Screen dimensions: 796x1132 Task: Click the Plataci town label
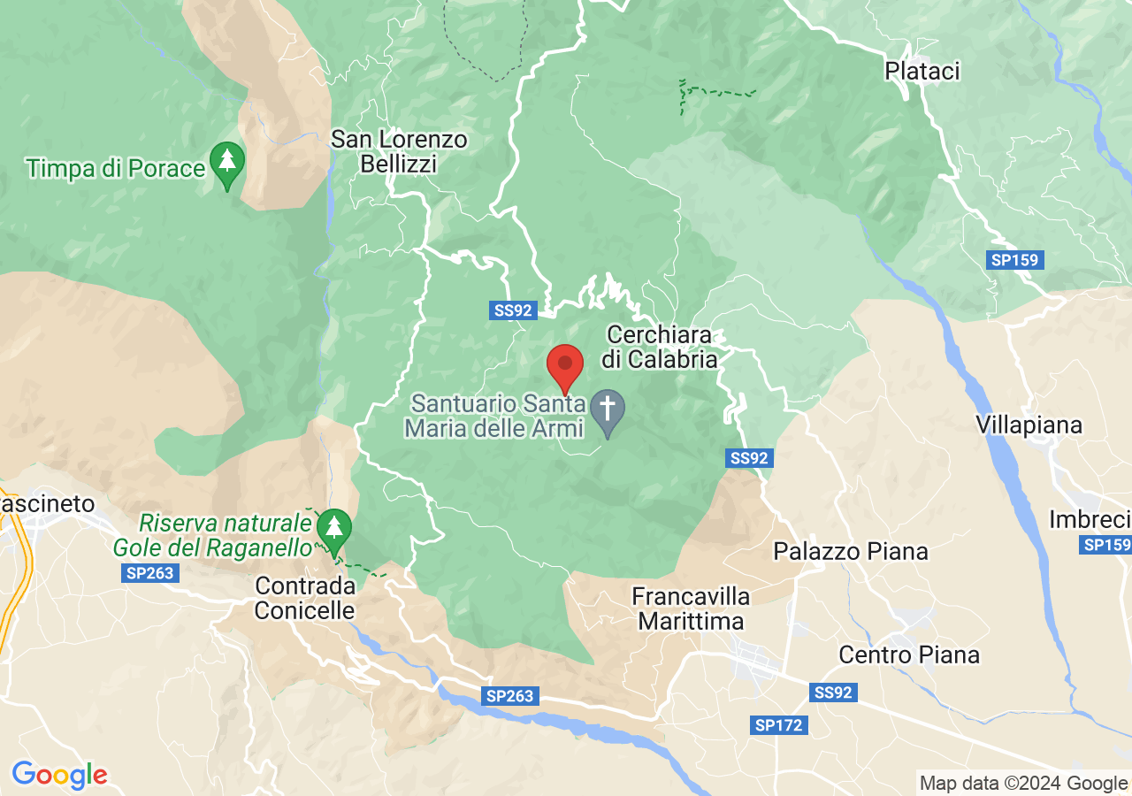click(x=922, y=71)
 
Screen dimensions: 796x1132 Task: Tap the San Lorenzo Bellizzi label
click(x=399, y=151)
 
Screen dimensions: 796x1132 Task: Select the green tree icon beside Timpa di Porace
click(x=227, y=163)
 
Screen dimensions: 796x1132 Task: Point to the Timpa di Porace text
click(x=116, y=168)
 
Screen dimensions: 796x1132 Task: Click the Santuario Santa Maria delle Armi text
click(x=498, y=416)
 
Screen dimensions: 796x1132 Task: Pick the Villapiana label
click(x=1029, y=425)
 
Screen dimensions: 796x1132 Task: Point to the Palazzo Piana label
click(x=850, y=551)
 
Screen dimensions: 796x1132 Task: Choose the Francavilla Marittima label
click(x=691, y=608)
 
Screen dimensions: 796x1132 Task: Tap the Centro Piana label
click(x=909, y=654)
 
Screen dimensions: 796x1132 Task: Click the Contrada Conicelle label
click(x=305, y=598)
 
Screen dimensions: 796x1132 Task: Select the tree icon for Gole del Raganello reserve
click(x=333, y=530)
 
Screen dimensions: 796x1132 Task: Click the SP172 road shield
click(x=779, y=725)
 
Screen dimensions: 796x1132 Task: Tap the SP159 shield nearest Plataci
click(x=1016, y=260)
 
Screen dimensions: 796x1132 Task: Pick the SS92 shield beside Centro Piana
click(x=833, y=693)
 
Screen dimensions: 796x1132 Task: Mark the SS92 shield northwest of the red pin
click(x=512, y=310)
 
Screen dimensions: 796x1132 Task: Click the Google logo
click(x=59, y=775)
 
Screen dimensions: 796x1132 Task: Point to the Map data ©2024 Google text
click(x=1023, y=783)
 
